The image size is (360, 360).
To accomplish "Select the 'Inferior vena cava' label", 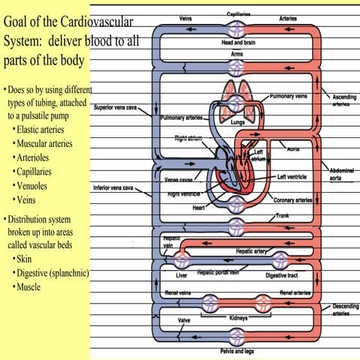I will pos(114,187).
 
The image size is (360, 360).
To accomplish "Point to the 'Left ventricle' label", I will pos(292,177).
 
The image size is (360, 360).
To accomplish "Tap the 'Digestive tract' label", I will pos(280,275).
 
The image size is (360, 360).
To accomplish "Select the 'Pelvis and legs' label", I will pos(237,350).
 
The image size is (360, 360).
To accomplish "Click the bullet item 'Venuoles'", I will pos(37,186).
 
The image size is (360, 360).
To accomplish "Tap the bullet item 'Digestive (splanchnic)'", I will pos(51,273).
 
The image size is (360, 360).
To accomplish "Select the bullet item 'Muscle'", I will pos(32,287).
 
